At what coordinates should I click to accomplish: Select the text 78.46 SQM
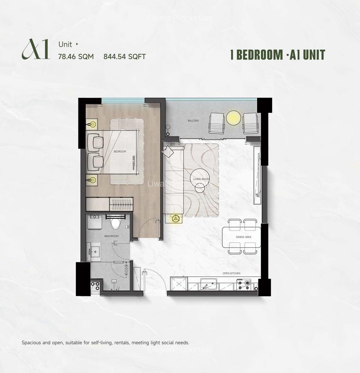coord(76,57)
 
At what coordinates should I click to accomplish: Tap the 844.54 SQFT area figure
coord(125,57)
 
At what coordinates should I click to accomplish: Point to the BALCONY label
coord(193,121)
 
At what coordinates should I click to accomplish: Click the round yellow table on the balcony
coord(234,118)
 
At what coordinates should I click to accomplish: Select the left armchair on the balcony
coord(216,123)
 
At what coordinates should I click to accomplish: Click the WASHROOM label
coord(112,236)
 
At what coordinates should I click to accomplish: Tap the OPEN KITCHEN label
coord(231,273)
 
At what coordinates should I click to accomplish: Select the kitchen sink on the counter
coord(208,285)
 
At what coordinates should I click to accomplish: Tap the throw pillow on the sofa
coord(168,152)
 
